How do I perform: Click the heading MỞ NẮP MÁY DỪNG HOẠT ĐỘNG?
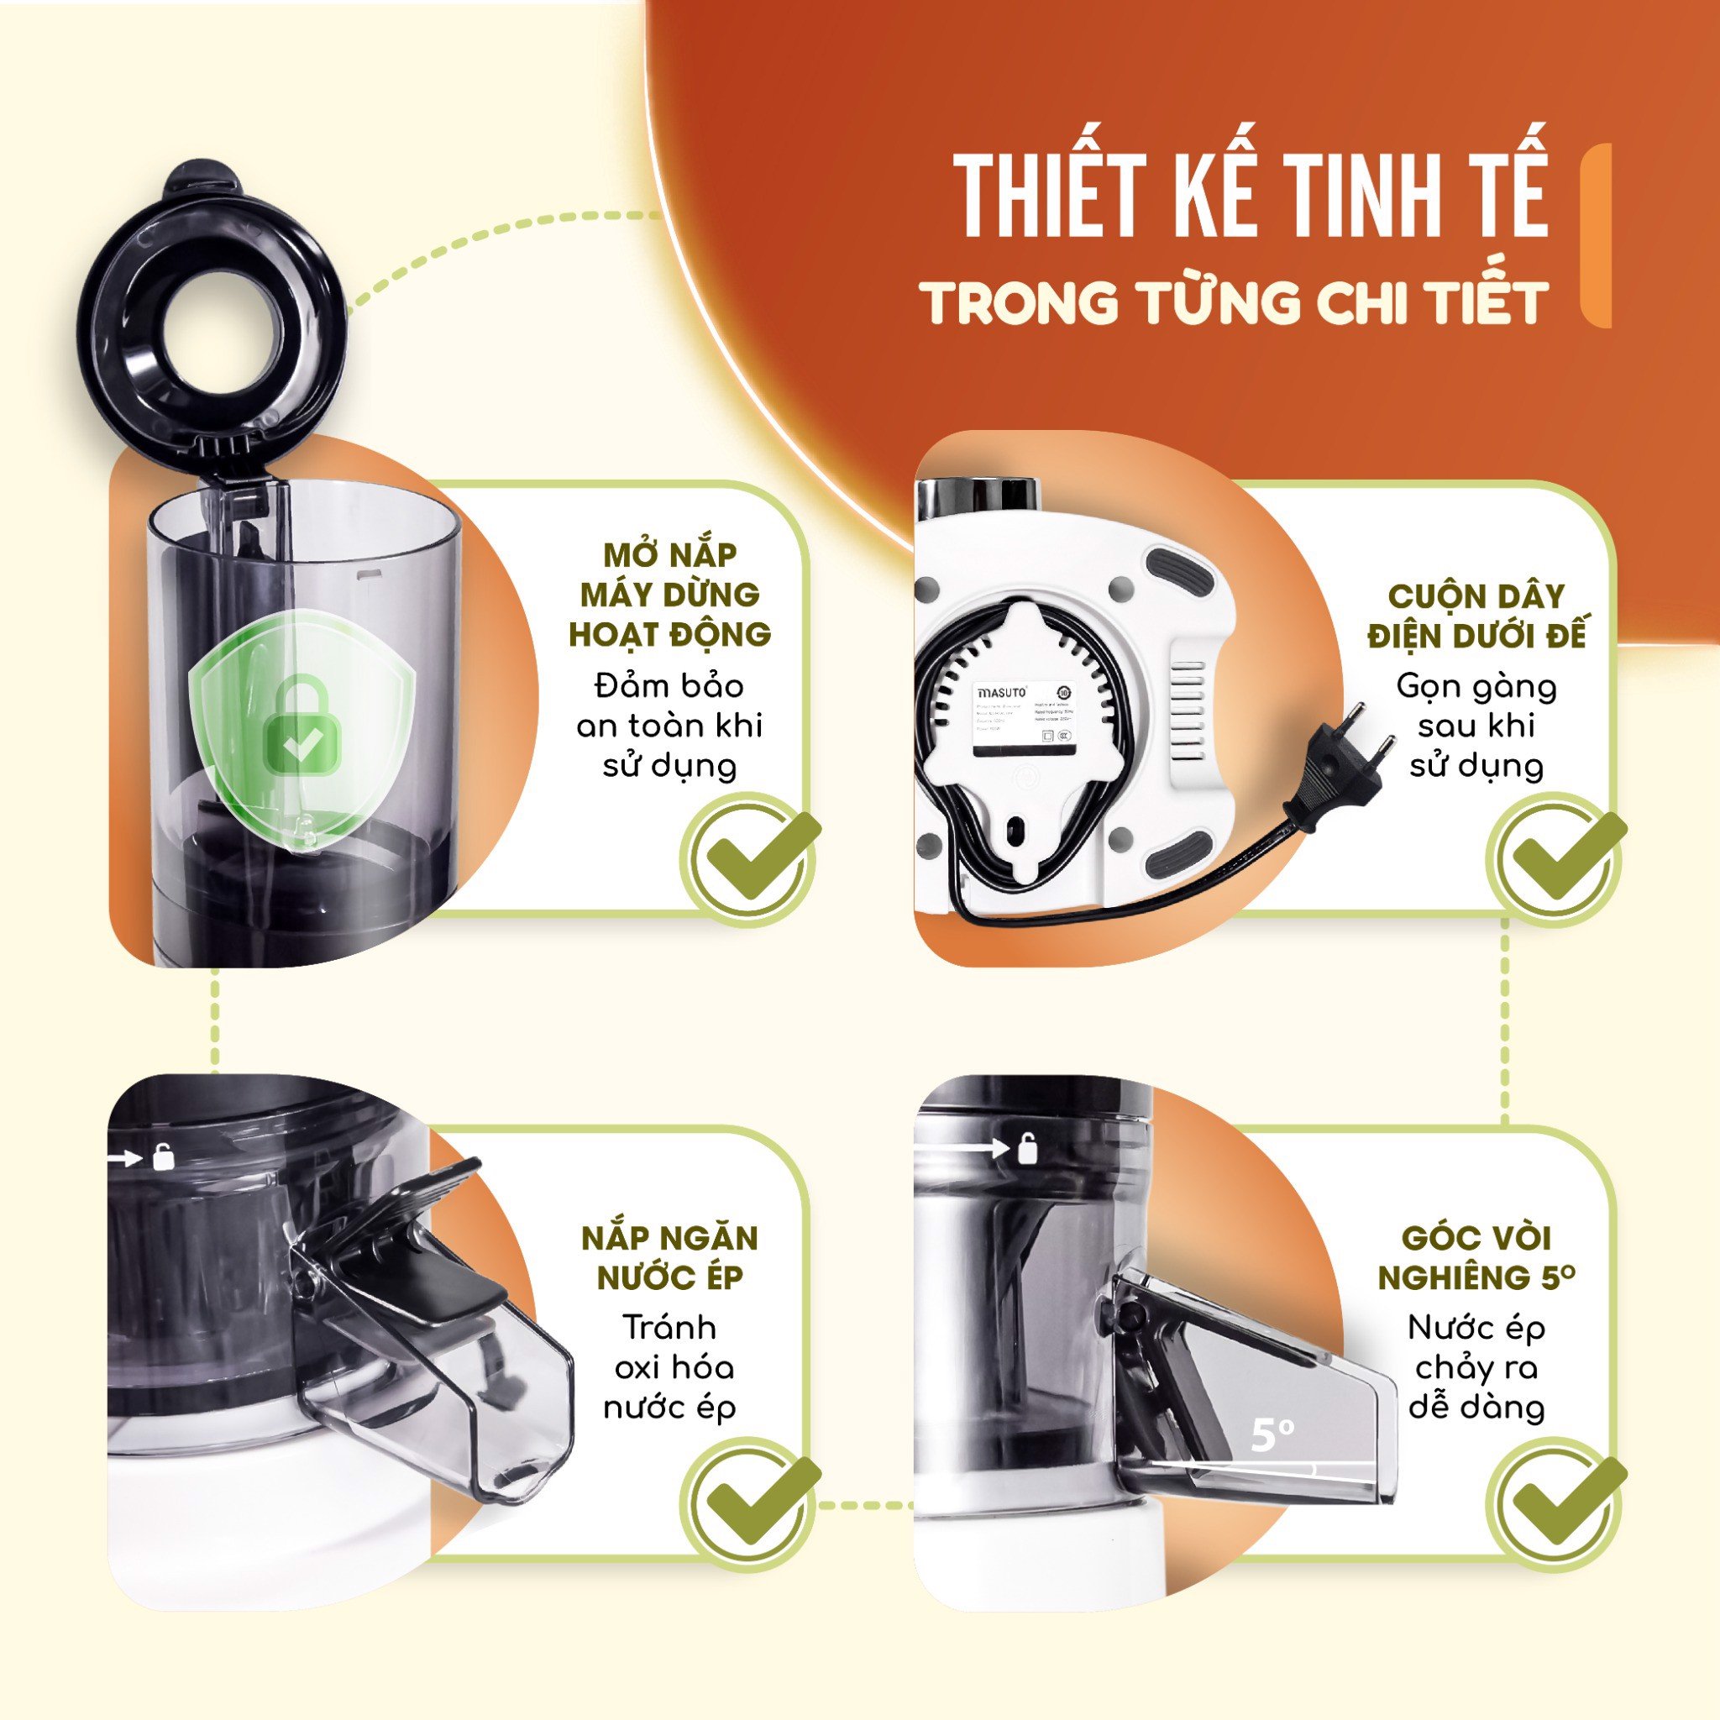click(669, 595)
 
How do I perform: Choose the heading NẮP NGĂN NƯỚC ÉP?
click(669, 1257)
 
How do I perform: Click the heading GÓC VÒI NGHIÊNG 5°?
click(1477, 1257)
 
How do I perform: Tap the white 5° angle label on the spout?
click(1272, 1434)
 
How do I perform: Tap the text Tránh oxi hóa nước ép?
click(669, 1367)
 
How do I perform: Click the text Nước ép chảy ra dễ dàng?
click(1477, 1367)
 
